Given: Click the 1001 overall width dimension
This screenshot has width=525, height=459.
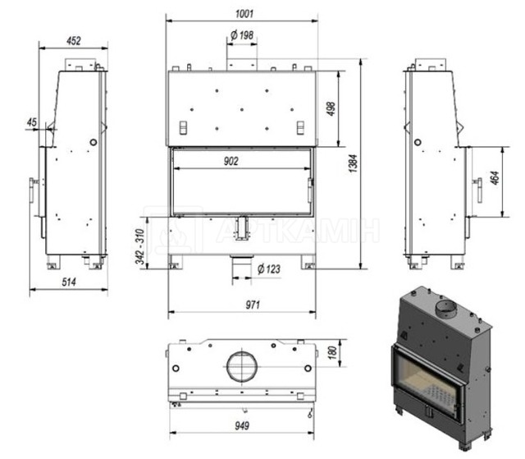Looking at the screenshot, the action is click(x=244, y=14).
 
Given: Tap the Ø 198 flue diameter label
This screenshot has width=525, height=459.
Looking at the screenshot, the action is click(x=242, y=34).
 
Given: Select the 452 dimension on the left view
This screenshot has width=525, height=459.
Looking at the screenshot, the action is click(x=74, y=40).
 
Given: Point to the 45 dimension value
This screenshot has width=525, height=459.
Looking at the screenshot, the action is click(x=31, y=122).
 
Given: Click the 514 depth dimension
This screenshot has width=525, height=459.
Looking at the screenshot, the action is click(x=69, y=282).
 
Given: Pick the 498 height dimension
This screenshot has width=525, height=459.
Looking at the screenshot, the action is click(x=331, y=109).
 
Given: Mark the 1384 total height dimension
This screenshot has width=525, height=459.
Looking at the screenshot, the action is click(x=353, y=163).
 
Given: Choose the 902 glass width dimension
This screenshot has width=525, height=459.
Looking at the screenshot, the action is click(x=231, y=161).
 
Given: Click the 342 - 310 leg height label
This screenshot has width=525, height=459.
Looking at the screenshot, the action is click(x=140, y=247).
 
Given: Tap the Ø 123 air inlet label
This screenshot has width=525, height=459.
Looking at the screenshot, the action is click(x=269, y=269).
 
